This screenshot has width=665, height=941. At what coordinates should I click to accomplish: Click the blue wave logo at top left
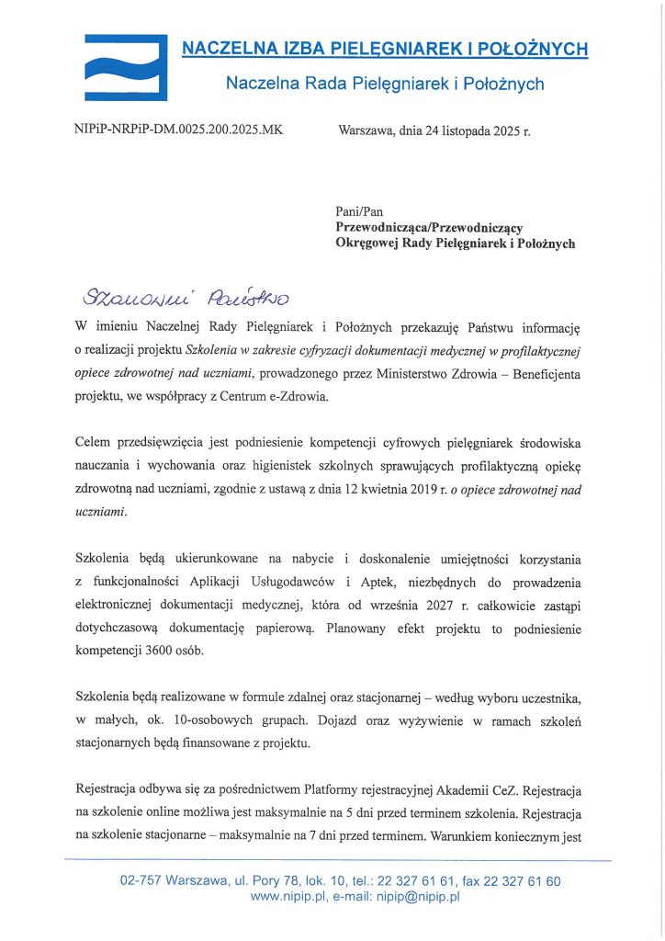126,67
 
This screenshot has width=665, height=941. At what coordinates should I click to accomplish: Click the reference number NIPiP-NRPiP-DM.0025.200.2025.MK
178,130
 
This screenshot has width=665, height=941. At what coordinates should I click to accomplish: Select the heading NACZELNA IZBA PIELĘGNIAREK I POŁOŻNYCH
385,49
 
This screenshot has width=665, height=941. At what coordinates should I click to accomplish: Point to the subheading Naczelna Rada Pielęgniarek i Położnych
385,85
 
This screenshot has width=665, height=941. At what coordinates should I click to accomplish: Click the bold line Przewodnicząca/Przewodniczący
429,227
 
